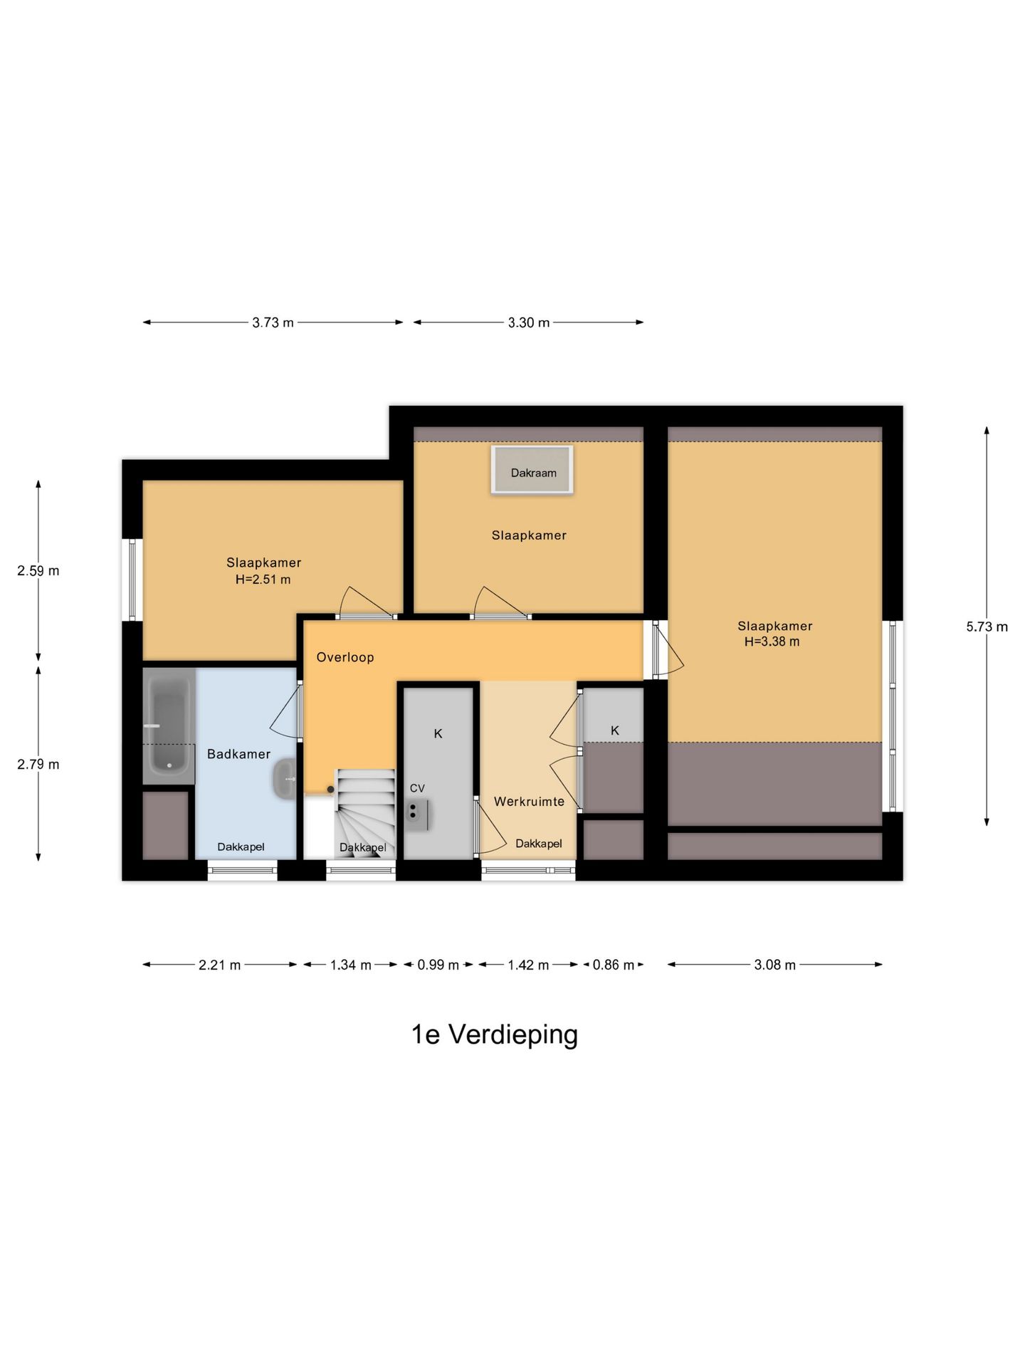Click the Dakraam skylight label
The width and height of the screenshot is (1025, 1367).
533,473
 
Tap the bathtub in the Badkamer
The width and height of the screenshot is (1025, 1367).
169,726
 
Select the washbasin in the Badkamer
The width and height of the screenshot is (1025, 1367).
285,778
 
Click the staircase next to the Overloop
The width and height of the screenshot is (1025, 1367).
364,814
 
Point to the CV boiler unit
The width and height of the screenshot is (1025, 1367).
416,815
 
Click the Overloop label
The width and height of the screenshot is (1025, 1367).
345,657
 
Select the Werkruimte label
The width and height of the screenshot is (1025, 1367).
529,802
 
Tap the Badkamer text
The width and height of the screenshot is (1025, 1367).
238,754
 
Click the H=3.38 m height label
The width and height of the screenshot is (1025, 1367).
772,641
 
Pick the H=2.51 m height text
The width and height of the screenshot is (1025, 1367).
263,580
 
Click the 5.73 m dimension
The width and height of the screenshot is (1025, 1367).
987,627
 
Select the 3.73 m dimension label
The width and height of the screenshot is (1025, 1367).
273,323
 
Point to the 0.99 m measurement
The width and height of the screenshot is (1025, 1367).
438,965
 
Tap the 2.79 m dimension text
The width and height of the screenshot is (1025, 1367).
38,764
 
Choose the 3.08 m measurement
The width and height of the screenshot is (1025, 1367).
774,965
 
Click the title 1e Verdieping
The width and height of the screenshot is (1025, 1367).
495,1035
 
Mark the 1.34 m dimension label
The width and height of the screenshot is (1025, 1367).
350,965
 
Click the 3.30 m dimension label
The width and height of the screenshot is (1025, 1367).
528,323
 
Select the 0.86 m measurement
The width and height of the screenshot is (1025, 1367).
613,965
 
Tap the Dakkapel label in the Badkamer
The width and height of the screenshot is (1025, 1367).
241,847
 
